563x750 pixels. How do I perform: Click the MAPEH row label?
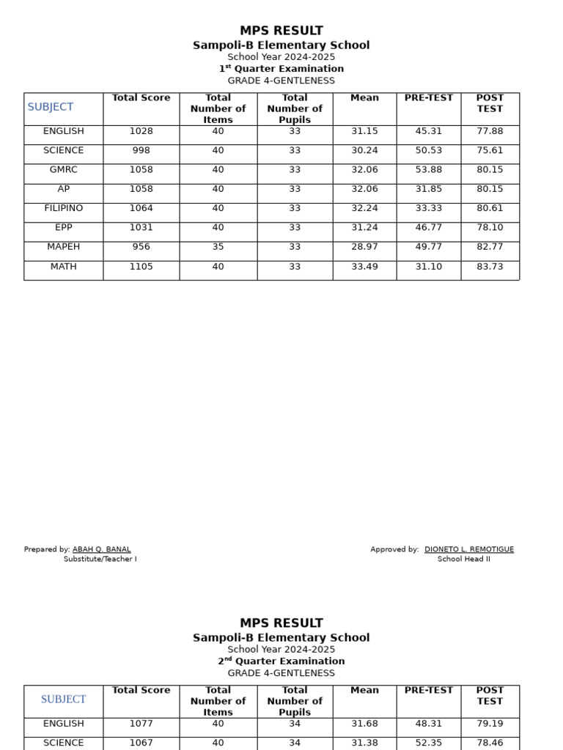[x=64, y=247]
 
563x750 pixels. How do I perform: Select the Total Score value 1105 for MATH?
[x=141, y=267]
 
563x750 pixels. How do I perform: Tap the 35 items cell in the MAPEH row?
[x=218, y=247]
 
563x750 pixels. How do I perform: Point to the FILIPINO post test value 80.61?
[x=490, y=209]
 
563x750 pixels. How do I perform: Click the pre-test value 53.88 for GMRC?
[x=428, y=170]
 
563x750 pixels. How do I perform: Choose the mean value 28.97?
[x=364, y=247]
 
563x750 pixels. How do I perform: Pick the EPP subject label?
[x=64, y=228]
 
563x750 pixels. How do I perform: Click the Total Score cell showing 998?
[x=141, y=150]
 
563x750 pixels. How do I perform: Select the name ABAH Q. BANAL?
[x=102, y=549]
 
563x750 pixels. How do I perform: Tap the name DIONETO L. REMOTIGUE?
[x=469, y=549]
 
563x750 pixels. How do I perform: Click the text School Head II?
[x=464, y=559]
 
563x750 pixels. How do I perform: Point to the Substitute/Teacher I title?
[x=100, y=559]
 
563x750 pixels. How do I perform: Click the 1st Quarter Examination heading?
[x=281, y=69]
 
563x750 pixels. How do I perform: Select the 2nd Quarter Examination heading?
[x=281, y=661]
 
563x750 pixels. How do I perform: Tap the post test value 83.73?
[x=490, y=267]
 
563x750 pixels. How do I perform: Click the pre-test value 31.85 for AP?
[x=428, y=189]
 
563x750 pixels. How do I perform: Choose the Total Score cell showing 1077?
[x=141, y=724]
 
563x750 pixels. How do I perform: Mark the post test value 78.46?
[x=490, y=743]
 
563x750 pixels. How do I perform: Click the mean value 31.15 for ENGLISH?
[x=364, y=131]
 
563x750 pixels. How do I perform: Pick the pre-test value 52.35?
[x=428, y=743]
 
